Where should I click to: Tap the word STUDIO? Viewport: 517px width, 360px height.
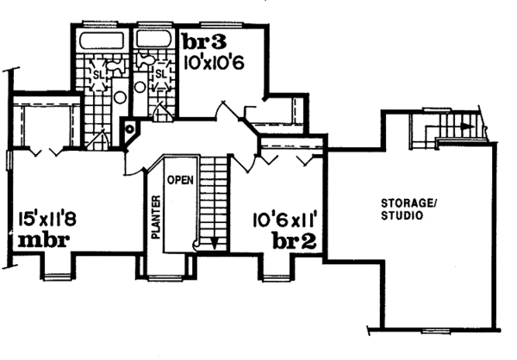tap(403, 216)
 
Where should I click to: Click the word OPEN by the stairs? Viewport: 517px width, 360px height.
tap(178, 180)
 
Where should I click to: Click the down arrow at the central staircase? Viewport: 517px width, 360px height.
tap(208, 244)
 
